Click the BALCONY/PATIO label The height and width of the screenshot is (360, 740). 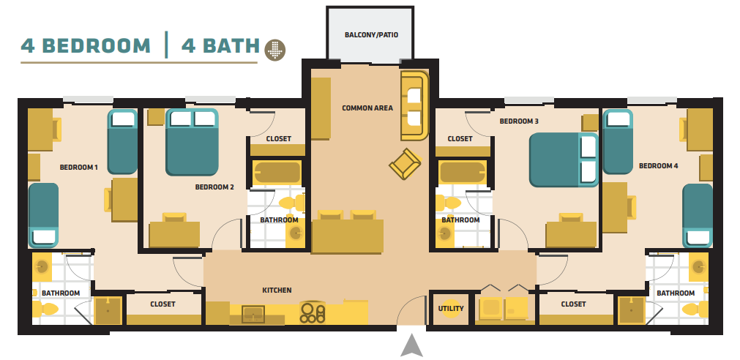coord(371,34)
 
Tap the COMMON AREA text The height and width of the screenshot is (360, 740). coord(367,108)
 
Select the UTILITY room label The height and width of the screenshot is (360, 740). coord(451,308)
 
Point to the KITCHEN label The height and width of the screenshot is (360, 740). coord(277,290)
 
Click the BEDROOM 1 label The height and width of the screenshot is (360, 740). coord(78,168)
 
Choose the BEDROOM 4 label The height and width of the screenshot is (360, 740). coord(658,166)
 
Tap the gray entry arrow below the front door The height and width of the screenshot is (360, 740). coord(412,345)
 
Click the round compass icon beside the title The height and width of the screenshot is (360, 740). coord(275,48)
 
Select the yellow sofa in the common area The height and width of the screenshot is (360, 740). coord(414,106)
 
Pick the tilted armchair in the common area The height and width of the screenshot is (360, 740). coord(404,164)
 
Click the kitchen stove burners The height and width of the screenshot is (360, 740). coord(313,312)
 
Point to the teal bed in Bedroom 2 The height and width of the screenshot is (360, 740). coord(193,142)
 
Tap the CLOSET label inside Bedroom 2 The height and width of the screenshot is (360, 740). coord(278,139)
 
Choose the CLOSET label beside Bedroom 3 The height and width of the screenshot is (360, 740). coord(460,139)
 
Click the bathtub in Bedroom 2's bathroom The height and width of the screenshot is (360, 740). coord(277,173)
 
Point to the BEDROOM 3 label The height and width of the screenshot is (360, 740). coord(519,121)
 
